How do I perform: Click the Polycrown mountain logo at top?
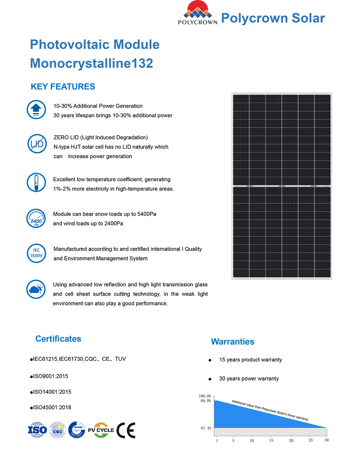point(197,13)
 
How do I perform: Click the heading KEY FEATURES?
point(63,87)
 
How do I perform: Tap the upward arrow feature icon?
point(36,110)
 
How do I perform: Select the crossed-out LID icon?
point(36,144)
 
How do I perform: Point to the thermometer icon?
point(36,182)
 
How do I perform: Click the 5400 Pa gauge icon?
point(36,219)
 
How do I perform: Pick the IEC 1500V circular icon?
point(36,253)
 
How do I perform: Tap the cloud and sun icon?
point(36,289)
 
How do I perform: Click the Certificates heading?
point(58,339)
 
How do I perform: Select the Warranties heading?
point(233,342)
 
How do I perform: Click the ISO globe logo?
point(37,430)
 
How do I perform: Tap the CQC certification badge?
point(58,430)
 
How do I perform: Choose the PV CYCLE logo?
point(101,430)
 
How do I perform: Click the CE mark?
point(126,430)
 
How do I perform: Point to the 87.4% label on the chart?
point(206,428)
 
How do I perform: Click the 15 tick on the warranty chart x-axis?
point(271,440)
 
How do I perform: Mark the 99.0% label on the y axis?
point(206,401)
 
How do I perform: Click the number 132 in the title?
point(142,63)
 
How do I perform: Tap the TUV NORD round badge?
point(77,430)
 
